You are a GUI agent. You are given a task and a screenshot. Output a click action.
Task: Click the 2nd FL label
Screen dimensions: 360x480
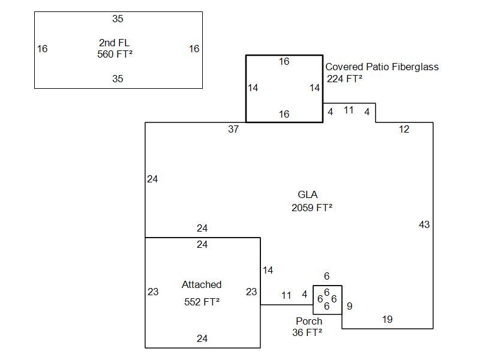pyautogui.click(x=114, y=43)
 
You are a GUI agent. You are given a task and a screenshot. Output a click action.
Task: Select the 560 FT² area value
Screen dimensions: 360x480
pyautogui.click(x=115, y=54)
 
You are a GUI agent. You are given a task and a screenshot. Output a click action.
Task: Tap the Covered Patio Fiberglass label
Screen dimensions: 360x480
pyautogui.click(x=382, y=67)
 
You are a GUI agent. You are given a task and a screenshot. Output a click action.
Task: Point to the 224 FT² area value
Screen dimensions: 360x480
pyautogui.click(x=345, y=78)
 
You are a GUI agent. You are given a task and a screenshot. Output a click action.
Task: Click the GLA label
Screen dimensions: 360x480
pyautogui.click(x=308, y=194)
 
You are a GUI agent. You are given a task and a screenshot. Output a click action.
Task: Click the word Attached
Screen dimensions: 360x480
pyautogui.click(x=202, y=284)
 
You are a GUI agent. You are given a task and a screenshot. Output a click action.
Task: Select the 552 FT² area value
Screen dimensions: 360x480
pyautogui.click(x=202, y=302)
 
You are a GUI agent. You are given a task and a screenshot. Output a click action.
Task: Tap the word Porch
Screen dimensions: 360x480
pyautogui.click(x=309, y=321)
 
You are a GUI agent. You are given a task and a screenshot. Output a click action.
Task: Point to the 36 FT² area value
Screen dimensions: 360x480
pyautogui.click(x=307, y=332)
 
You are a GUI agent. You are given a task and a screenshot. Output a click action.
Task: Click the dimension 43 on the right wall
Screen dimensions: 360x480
pyautogui.click(x=424, y=224)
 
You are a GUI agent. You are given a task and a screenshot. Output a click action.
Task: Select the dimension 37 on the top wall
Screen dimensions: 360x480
pyautogui.click(x=233, y=129)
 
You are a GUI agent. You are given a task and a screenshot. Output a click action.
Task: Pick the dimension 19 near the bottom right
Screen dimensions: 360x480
pyautogui.click(x=387, y=319)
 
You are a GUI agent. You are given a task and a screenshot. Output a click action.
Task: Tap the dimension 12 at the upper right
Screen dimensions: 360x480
pyautogui.click(x=404, y=129)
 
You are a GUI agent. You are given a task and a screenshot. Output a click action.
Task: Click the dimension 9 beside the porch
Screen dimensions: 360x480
pyautogui.click(x=349, y=306)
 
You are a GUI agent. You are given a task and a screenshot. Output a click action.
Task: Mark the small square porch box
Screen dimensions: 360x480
pyautogui.click(x=328, y=299)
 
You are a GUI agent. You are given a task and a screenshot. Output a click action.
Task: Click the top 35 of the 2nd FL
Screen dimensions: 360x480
pyautogui.click(x=118, y=19)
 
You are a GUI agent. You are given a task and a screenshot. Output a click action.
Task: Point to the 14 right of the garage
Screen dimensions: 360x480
pyautogui.click(x=268, y=270)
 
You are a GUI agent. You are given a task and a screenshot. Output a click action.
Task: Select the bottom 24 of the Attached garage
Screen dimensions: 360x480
pyautogui.click(x=202, y=338)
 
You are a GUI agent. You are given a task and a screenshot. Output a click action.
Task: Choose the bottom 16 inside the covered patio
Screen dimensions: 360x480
pyautogui.click(x=284, y=114)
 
